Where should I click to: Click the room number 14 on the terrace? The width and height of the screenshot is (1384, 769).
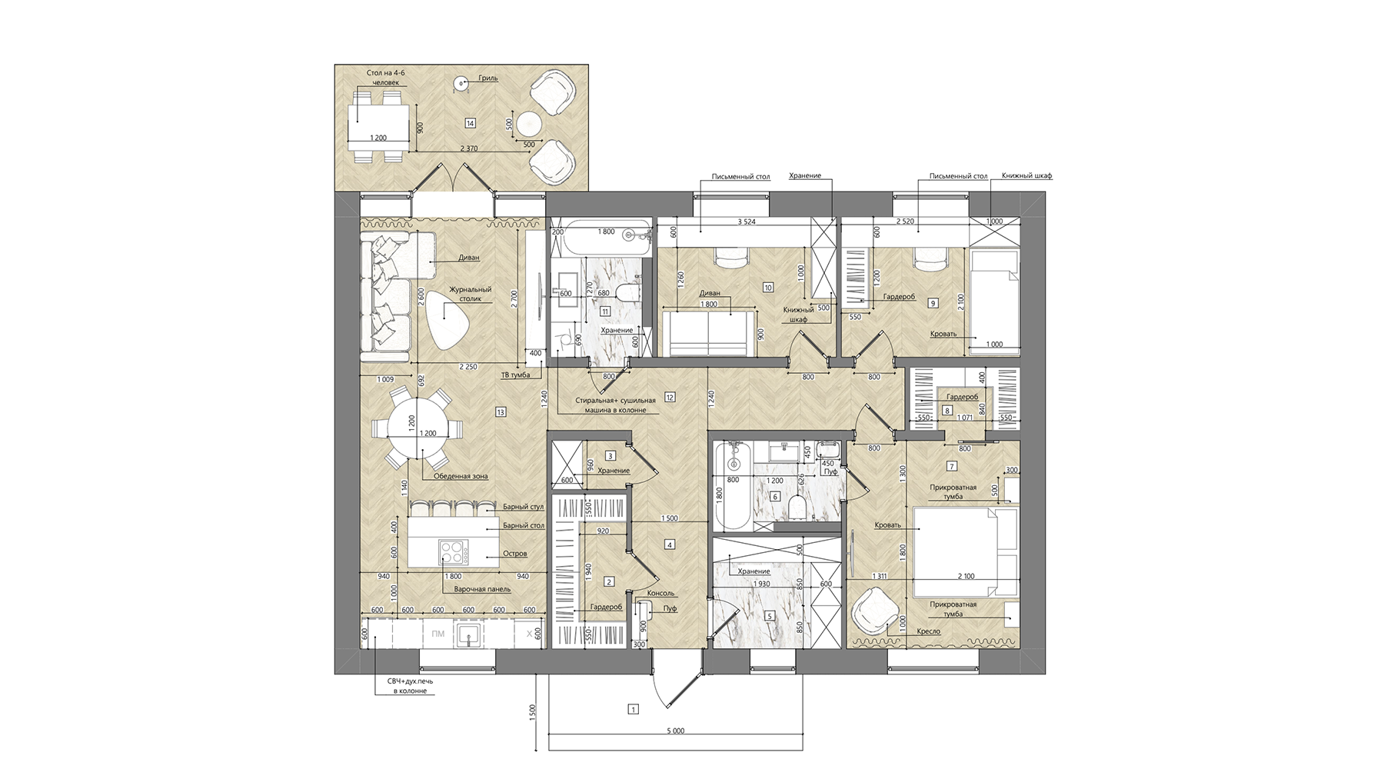(x=470, y=123)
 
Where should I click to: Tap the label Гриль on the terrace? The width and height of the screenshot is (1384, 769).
(x=487, y=78)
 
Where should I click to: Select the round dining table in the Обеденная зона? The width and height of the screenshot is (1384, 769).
(x=416, y=428)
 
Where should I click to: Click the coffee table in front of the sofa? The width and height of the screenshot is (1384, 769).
(x=450, y=318)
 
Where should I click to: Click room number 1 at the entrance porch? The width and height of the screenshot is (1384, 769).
(x=633, y=710)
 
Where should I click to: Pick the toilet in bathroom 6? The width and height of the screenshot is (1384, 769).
(x=798, y=507)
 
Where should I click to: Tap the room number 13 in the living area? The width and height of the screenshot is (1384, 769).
(x=501, y=413)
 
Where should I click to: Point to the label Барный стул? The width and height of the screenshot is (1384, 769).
(x=523, y=507)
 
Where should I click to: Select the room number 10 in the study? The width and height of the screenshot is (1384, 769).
(x=767, y=288)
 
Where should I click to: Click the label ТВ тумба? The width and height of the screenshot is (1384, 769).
(x=515, y=376)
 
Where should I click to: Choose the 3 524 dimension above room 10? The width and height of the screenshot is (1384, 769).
(x=745, y=222)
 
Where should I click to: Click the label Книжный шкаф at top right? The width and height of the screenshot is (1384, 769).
(x=1026, y=176)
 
